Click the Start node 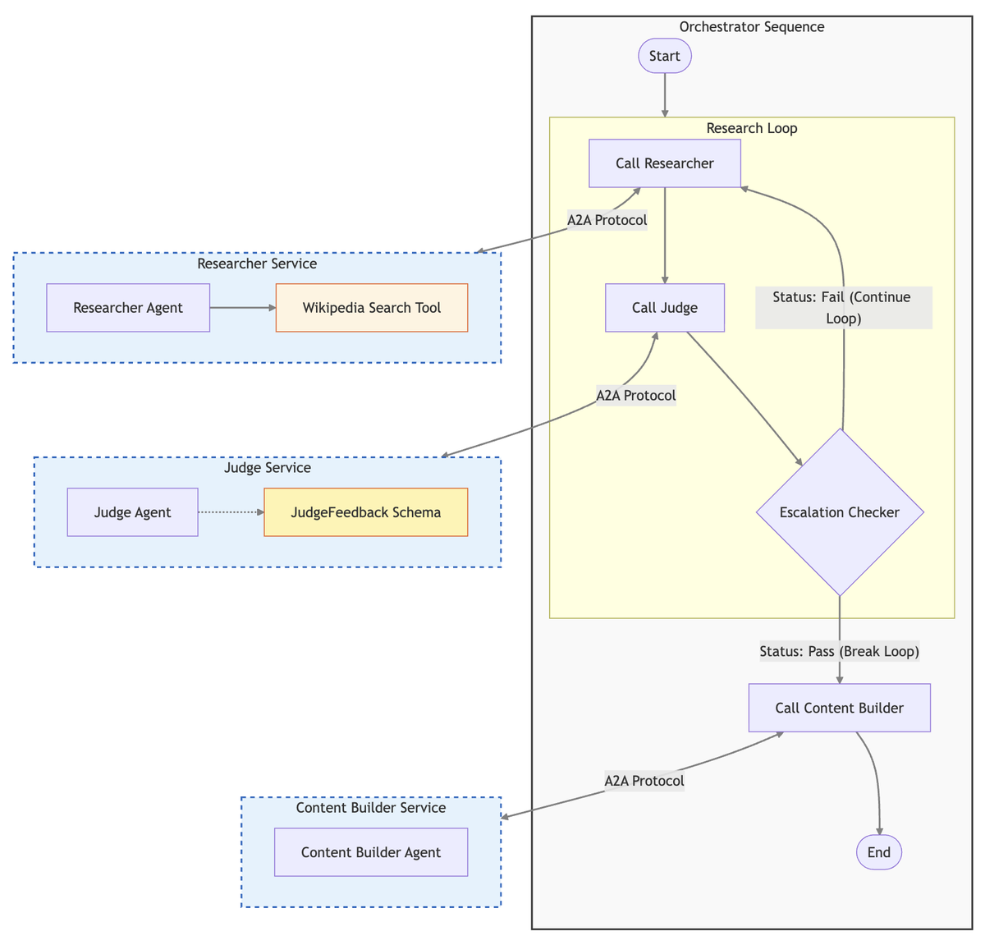point(664,56)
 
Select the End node point(878,852)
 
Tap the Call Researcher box point(665,163)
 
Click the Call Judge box point(665,308)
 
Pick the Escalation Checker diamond point(839,512)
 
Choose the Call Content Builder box point(839,708)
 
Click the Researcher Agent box point(128,308)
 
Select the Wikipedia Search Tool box point(371,308)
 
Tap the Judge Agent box point(132,512)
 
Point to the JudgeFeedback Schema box point(365,512)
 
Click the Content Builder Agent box point(370,852)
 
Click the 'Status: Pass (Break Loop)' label point(839,651)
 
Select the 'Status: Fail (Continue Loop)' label point(843,308)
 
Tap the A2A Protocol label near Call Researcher point(607,220)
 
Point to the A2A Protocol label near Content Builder point(644,781)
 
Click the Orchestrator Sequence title point(751,27)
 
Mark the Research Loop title point(751,128)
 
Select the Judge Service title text point(267,468)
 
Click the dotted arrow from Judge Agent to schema point(231,512)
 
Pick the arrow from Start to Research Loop point(664,94)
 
